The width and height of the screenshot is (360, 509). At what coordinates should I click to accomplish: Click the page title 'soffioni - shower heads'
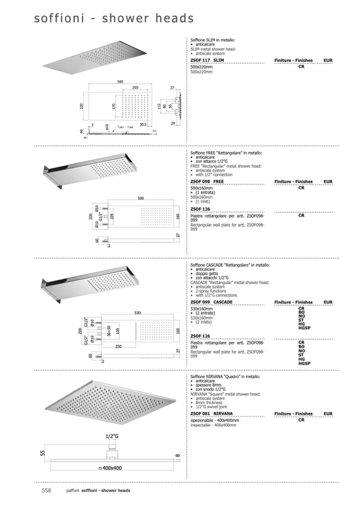[x=114, y=19]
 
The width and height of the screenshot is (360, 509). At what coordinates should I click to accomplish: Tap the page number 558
[x=46, y=490]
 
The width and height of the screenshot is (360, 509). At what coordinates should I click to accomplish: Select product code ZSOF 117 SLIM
[x=207, y=62]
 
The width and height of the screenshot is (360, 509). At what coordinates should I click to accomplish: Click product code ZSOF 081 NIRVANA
[x=211, y=413]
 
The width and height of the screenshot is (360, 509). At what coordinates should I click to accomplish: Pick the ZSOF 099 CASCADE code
[x=211, y=302]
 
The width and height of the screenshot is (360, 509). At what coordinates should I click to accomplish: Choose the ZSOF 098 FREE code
[x=207, y=182]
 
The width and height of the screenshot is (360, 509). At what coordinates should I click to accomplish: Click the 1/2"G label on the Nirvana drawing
[x=111, y=437]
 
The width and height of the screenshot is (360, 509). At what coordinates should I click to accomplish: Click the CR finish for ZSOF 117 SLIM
[x=301, y=67]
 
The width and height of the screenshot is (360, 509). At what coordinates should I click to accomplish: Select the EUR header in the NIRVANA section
[x=328, y=413]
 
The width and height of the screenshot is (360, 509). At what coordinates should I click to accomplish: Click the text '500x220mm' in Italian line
[x=202, y=67]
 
